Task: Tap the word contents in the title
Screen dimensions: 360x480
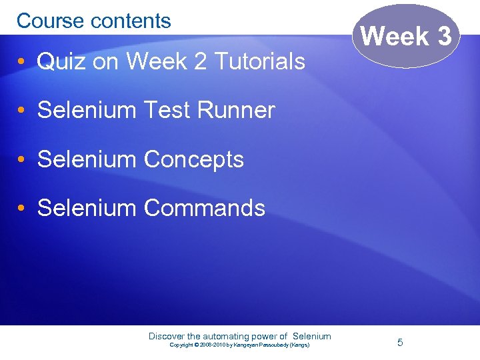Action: (x=131, y=21)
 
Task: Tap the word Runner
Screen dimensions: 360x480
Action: (x=234, y=111)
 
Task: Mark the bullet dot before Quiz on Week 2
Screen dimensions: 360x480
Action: (x=22, y=63)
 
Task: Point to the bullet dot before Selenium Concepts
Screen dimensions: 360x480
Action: (x=22, y=160)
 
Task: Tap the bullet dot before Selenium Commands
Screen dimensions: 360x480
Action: (x=22, y=209)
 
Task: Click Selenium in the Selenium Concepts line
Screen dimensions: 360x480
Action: (x=87, y=159)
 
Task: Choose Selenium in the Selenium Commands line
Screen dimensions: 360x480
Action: (x=87, y=208)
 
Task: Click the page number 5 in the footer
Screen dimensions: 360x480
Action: (x=400, y=342)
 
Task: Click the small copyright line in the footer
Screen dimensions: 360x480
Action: (x=239, y=345)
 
